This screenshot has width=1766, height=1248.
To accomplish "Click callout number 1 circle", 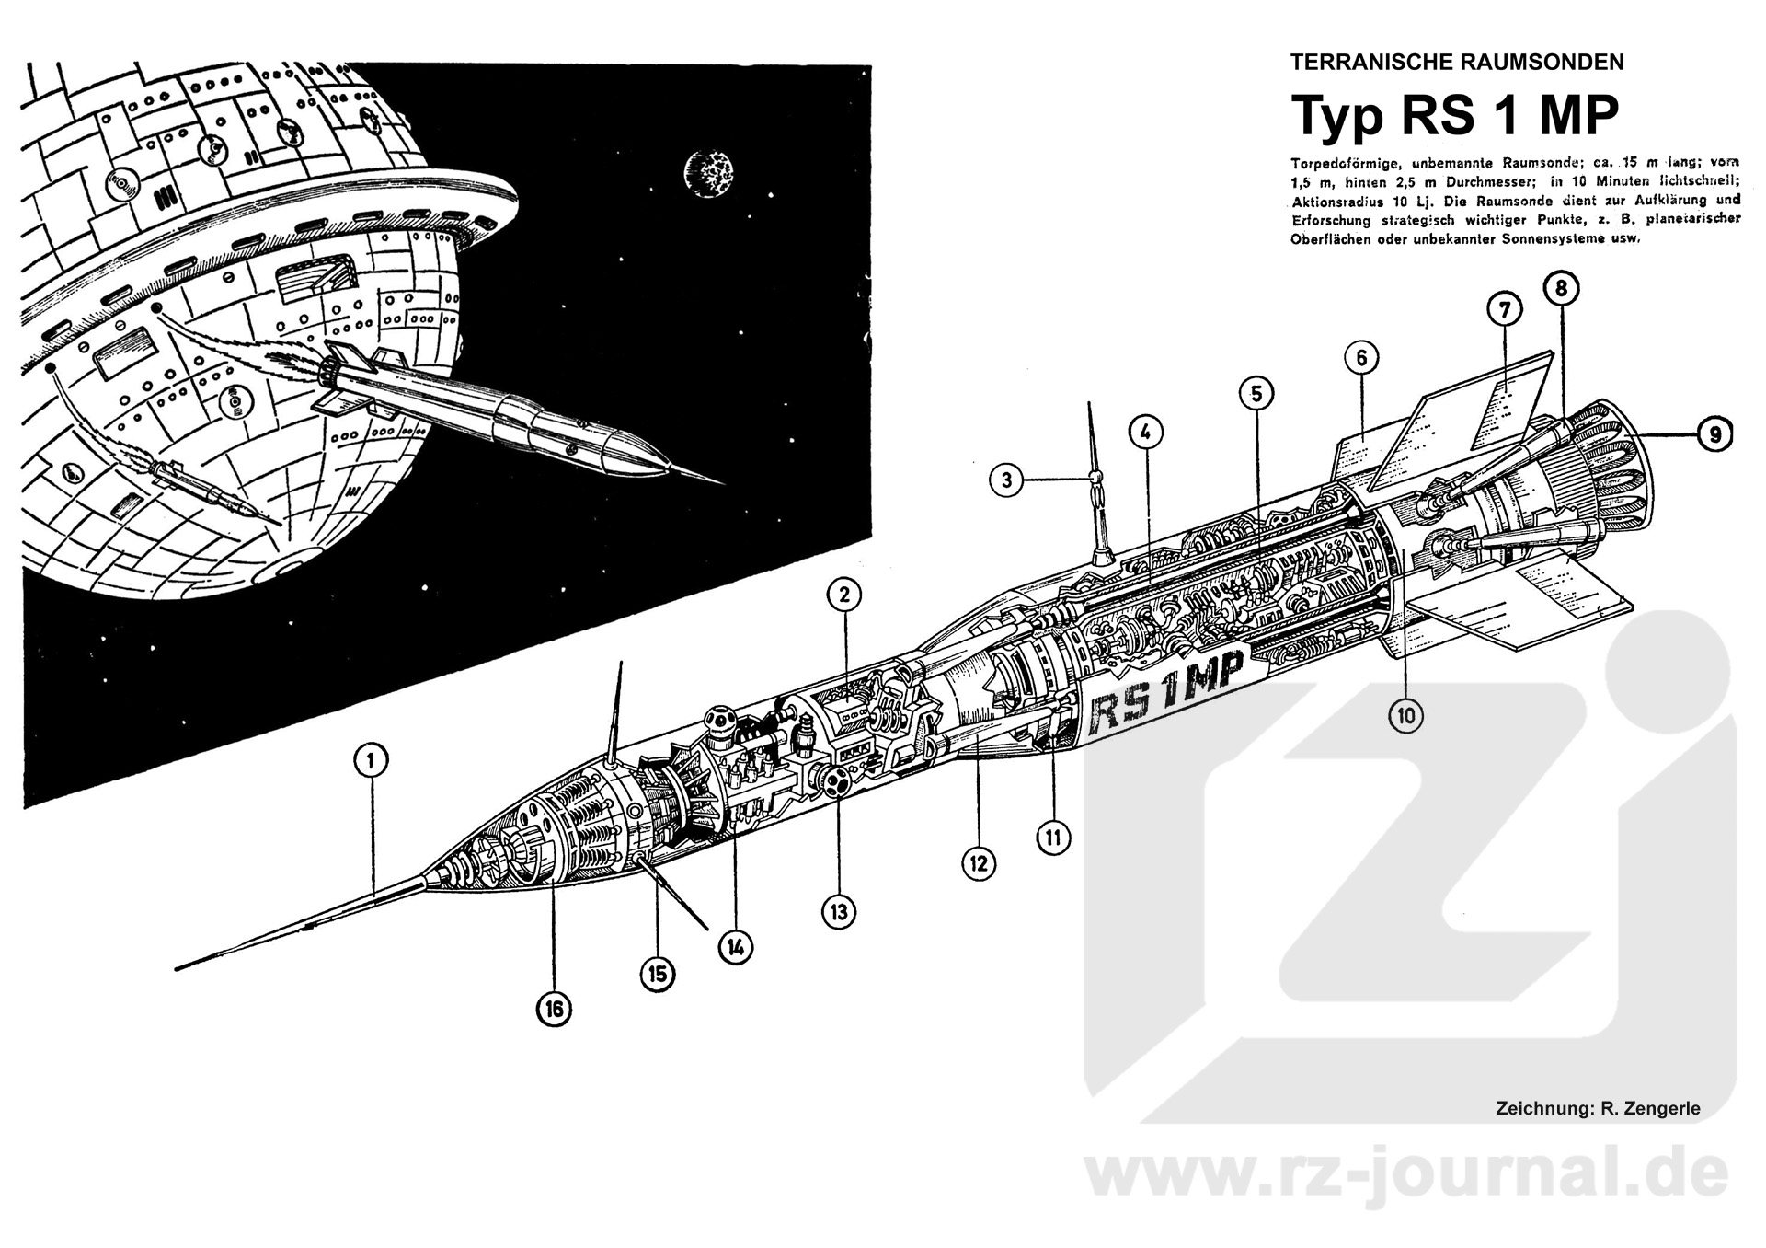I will point(371,761).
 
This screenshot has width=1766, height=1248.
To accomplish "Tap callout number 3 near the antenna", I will point(1007,480).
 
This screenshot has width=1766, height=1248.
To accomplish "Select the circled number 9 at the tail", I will point(1714,433).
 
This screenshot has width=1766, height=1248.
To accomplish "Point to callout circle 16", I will point(554,1010).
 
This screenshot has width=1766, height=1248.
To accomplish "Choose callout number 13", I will point(839,912).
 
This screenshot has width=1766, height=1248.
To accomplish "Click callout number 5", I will point(1256,394).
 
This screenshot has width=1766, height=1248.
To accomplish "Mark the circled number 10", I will point(1406,715).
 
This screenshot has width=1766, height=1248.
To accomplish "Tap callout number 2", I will point(843,595).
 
